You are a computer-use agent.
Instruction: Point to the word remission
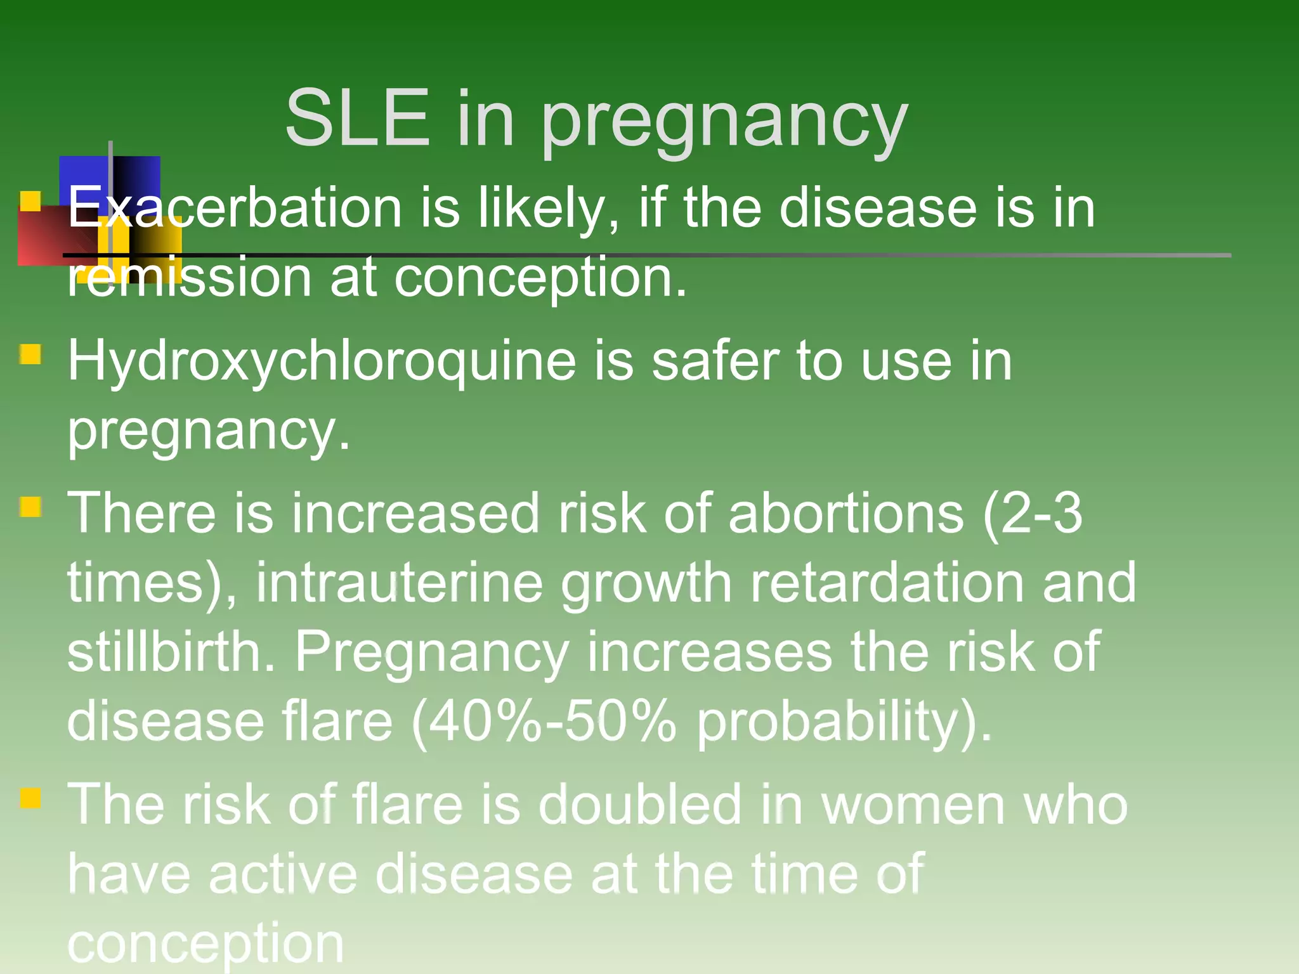(190, 278)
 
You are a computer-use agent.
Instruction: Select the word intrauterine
(400, 583)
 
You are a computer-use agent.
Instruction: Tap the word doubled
(639, 804)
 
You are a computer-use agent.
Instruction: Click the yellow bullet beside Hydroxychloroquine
(30, 354)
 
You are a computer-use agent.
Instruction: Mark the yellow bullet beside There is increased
(30, 507)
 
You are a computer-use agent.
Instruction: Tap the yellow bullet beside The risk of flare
(30, 797)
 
